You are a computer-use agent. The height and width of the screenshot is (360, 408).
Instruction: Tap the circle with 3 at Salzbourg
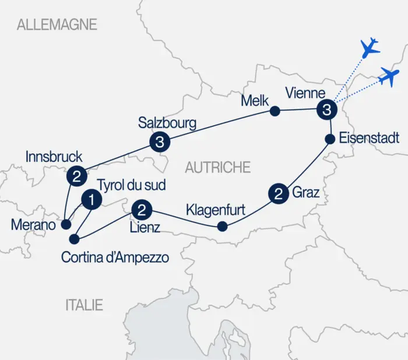[x=159, y=142]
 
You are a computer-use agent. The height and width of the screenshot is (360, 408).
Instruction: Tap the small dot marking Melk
[x=274, y=110]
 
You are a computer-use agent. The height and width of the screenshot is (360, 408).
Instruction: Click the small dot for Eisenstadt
[x=329, y=139]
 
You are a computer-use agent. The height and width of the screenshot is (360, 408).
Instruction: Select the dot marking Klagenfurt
[x=221, y=226]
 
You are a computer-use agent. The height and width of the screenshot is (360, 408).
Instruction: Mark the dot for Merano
[x=68, y=224]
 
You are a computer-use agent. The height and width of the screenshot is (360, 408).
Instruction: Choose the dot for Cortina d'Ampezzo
[x=74, y=239]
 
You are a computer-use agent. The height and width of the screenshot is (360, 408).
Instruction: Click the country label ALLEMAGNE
[x=57, y=24]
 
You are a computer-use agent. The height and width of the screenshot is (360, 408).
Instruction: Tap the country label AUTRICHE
[x=217, y=168]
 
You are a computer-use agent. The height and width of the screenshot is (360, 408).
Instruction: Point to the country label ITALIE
[x=84, y=305]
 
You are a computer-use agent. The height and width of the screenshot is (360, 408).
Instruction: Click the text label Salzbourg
[x=167, y=123]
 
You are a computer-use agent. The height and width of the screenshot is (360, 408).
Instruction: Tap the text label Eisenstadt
[x=370, y=139]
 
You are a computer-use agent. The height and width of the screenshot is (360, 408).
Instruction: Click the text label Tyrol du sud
[x=131, y=185]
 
